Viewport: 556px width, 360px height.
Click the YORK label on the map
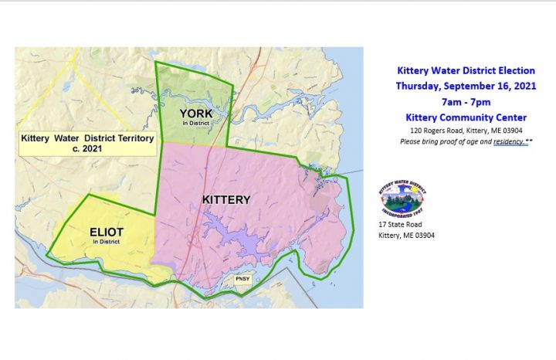click(195, 114)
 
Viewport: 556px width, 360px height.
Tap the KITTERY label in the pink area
click(226, 199)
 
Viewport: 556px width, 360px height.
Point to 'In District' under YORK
click(195, 124)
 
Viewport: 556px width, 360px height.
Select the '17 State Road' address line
click(400, 224)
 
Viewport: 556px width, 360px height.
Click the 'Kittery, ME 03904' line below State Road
click(406, 236)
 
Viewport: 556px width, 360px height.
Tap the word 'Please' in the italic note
click(409, 143)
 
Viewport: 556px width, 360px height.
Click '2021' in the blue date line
click(523, 86)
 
